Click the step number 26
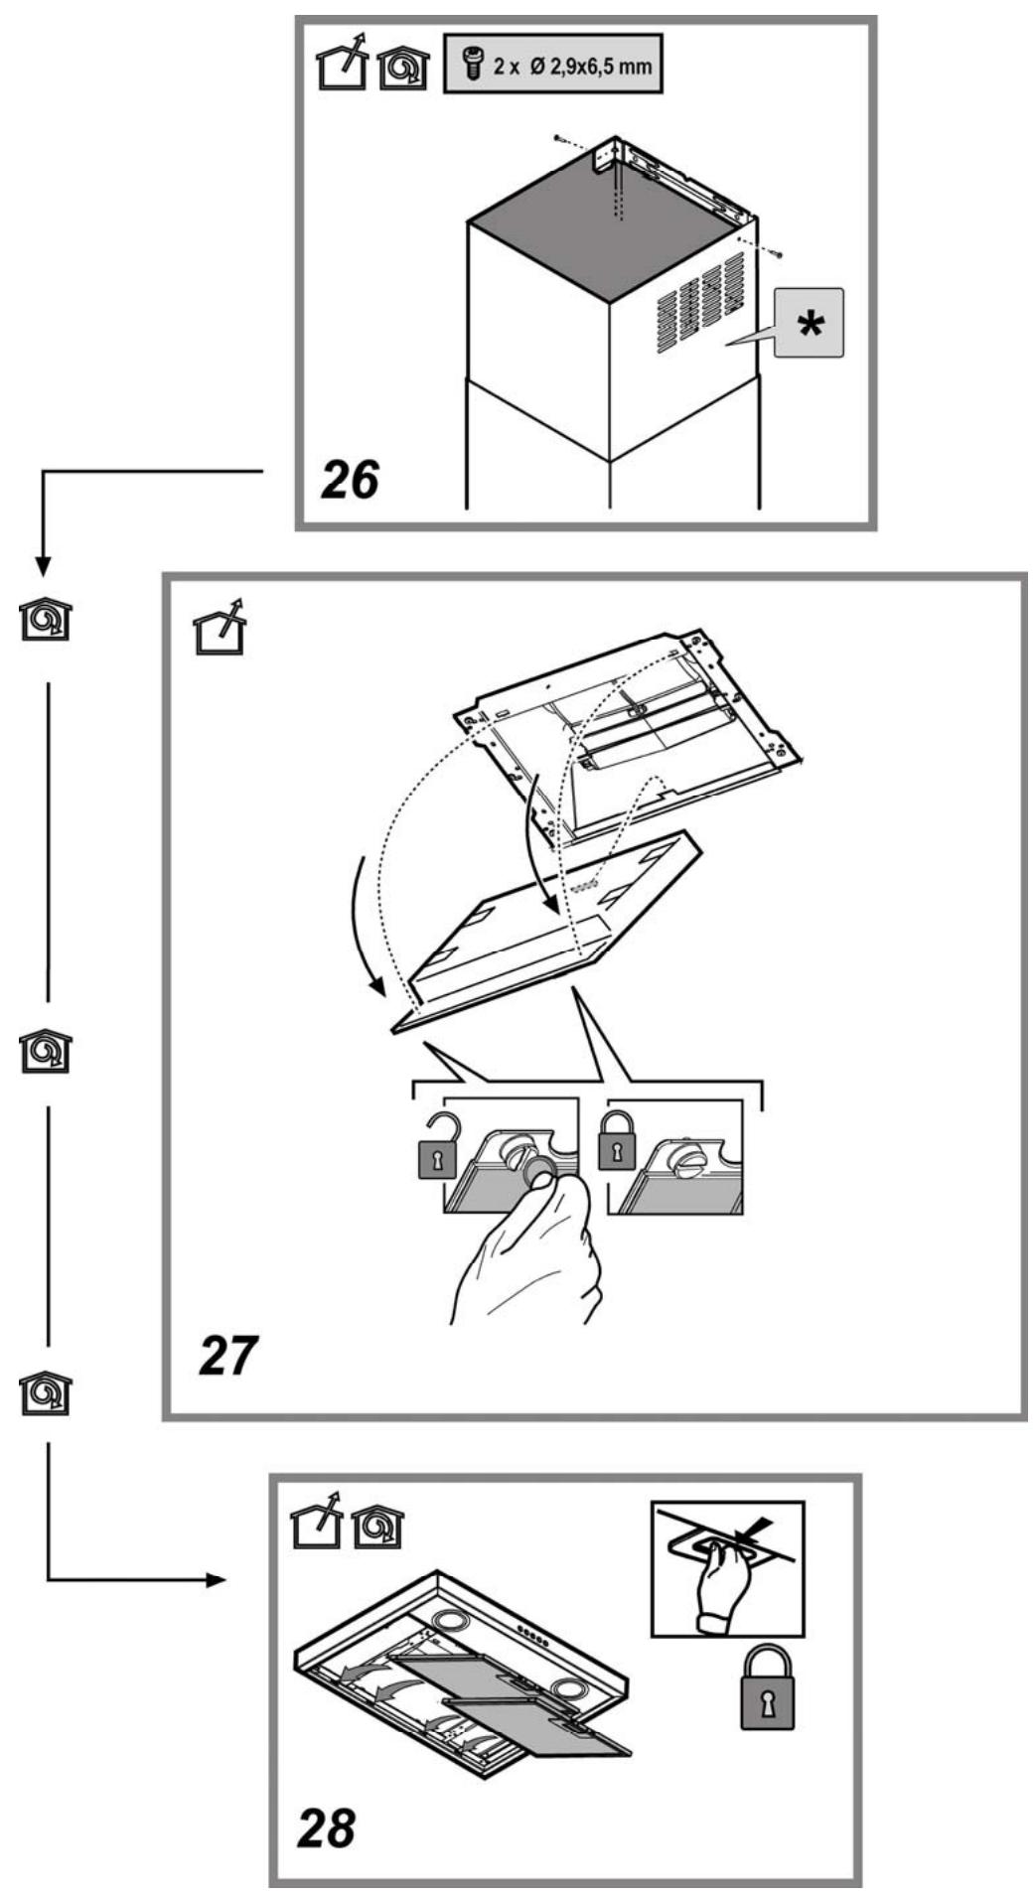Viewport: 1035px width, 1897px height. (x=350, y=481)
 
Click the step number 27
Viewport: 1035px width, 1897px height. (x=228, y=1355)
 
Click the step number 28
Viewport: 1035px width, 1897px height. (x=326, y=1825)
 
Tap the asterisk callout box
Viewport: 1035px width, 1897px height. (x=809, y=323)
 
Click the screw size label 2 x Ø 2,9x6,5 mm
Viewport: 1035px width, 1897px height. (x=552, y=67)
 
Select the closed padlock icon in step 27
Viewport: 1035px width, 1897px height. (x=616, y=1141)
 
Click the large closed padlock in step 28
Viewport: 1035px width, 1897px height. (x=768, y=1687)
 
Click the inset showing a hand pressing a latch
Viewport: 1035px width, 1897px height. (x=728, y=1568)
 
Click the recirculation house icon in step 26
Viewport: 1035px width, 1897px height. (x=405, y=69)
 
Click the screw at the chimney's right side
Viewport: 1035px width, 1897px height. (x=779, y=255)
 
